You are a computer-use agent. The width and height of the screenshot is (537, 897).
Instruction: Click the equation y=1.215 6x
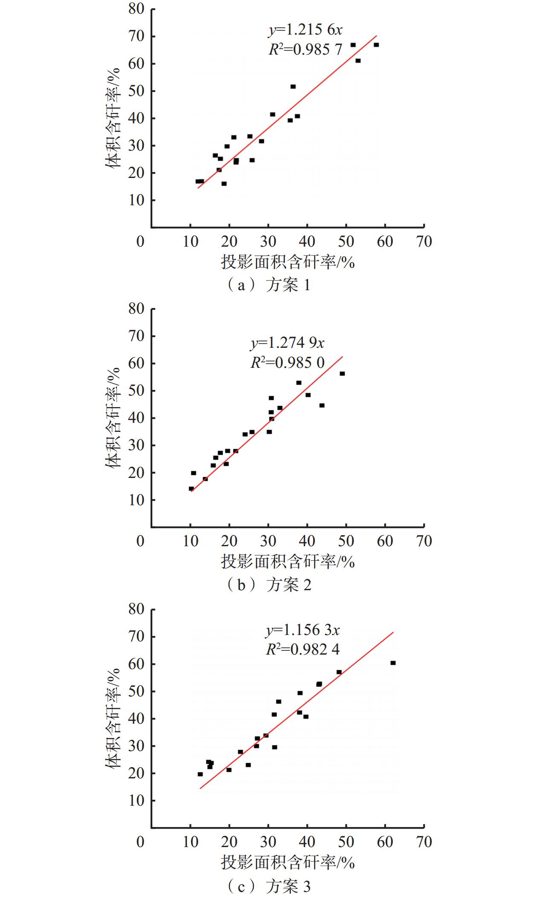click(x=305, y=30)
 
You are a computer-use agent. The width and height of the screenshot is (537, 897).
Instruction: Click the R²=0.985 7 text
click(x=305, y=50)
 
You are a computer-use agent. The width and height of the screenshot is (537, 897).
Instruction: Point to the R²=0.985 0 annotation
click(x=287, y=363)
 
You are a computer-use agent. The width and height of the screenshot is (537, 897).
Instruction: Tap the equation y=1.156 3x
click(x=302, y=630)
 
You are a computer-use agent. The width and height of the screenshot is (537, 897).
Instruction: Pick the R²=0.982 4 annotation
click(x=302, y=649)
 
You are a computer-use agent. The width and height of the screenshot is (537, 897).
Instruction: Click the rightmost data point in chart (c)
click(x=393, y=663)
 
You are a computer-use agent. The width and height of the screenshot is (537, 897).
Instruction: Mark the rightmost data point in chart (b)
click(x=342, y=374)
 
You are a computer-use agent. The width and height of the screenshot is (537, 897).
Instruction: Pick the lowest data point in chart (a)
click(x=224, y=184)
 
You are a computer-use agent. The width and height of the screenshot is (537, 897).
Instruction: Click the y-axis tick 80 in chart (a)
click(x=136, y=9)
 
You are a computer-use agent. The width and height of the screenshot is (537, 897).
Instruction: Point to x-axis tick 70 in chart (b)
click(x=424, y=541)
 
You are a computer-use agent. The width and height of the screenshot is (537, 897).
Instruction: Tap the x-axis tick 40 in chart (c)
click(x=307, y=842)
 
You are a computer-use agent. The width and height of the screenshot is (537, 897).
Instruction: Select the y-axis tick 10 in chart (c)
click(x=136, y=801)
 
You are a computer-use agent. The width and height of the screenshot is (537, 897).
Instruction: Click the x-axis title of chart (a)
click(x=287, y=262)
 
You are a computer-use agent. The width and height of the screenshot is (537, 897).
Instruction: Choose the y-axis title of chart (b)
click(x=113, y=418)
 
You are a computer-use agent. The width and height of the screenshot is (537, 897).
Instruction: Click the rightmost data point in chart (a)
click(x=376, y=45)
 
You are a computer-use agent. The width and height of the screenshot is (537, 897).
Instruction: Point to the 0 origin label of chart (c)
click(x=140, y=842)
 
